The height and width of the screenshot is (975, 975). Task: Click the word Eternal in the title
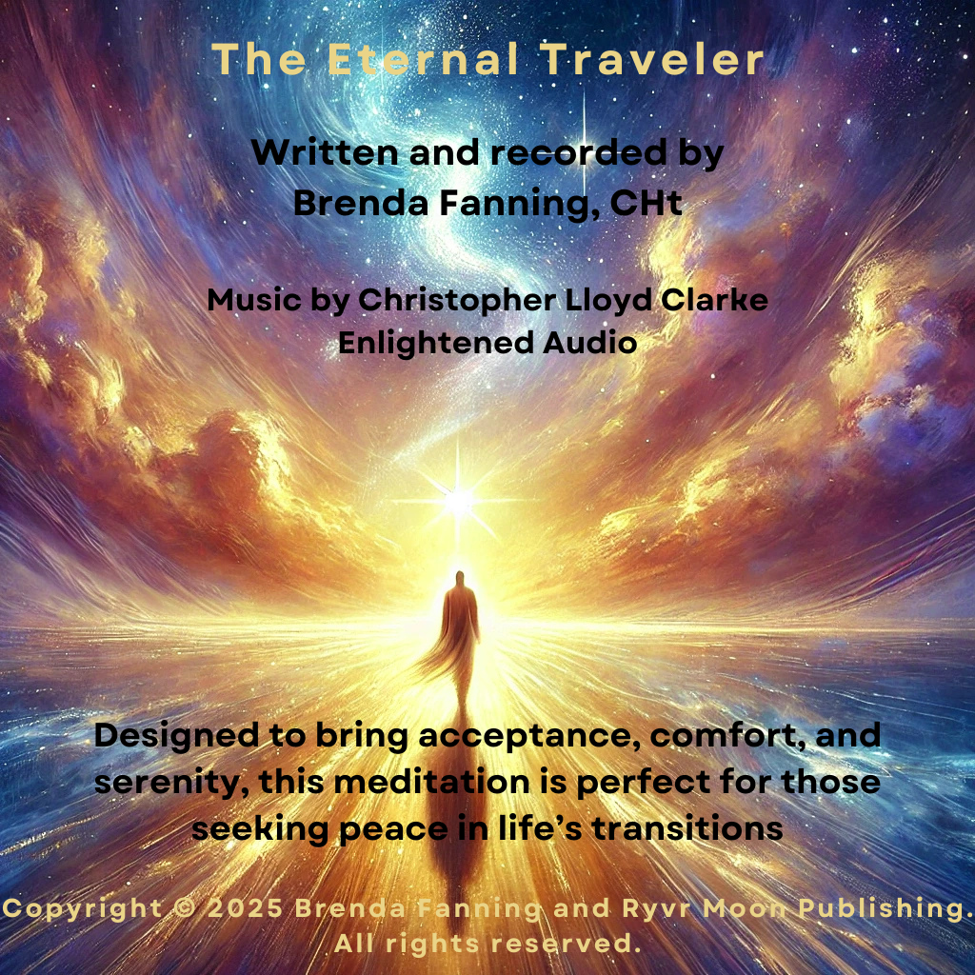coord(423,59)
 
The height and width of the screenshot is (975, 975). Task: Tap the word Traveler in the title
coord(651,59)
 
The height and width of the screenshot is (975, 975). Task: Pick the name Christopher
coord(457,301)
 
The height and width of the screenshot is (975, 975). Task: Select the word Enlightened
coord(436,343)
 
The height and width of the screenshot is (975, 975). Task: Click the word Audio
coord(590,343)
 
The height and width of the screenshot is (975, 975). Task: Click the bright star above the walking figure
coord(458,499)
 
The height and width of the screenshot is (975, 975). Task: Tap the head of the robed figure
coord(460,578)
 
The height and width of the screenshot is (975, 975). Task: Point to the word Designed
coord(176,736)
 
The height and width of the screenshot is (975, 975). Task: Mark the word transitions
coord(686,829)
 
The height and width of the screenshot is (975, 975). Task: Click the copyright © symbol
coord(185,908)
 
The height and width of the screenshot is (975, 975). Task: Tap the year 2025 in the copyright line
coord(245,908)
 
